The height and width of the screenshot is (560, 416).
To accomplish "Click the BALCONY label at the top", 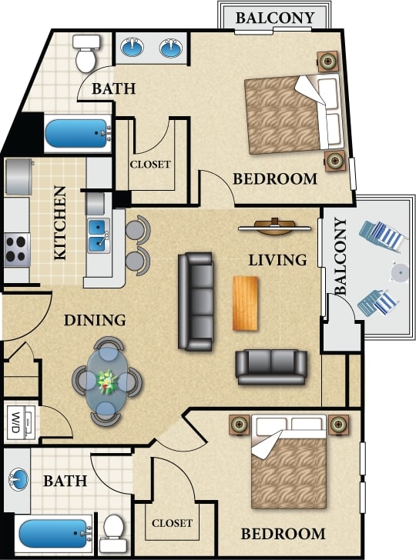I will [274, 18].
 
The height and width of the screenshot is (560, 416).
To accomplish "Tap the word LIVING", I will [277, 260].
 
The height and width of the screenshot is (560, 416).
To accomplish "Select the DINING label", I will [95, 320].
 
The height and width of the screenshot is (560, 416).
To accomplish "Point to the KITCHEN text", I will [60, 222].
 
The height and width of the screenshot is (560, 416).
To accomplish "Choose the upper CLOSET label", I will [150, 164].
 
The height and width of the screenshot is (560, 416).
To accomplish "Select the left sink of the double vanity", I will [133, 49].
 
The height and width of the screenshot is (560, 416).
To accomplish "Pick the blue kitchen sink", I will [98, 235].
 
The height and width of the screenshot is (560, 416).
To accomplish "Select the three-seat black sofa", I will [196, 301].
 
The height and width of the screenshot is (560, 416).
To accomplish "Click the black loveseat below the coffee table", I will [271, 366].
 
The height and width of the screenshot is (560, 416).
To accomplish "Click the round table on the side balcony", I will [399, 271].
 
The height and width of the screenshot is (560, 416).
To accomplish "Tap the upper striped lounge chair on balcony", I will [383, 235].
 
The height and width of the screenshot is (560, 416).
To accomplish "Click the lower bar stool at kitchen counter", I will [137, 259].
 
